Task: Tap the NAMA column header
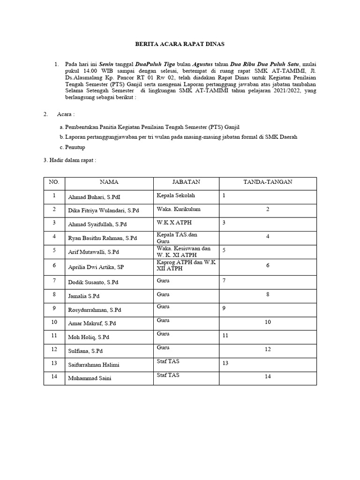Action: [109, 182]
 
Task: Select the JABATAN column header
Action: [186, 182]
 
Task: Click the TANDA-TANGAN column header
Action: [268, 182]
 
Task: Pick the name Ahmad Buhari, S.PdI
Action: [94, 197]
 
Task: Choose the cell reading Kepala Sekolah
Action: [176, 195]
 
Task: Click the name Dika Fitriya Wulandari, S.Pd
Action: [104, 211]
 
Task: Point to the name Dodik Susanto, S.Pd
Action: [93, 282]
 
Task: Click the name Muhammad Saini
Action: [91, 378]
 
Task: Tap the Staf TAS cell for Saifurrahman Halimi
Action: [168, 361]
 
